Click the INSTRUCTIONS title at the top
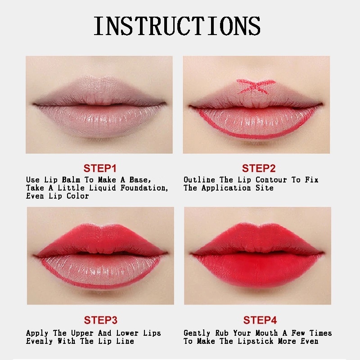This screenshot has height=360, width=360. coord(177,26)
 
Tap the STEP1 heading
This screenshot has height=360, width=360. coord(100,168)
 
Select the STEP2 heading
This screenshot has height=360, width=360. coord(259,168)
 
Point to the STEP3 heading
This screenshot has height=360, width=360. coord(100,320)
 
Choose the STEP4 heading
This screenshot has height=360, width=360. coord(260,320)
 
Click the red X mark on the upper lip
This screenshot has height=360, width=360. coord(256,86)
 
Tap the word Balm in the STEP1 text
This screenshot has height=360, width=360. coord(71,180)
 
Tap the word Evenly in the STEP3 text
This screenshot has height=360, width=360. coord(39,341)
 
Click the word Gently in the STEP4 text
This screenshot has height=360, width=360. coord(197,333)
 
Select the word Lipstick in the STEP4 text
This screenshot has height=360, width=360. coord(255,341)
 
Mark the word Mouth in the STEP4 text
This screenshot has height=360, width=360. coord(266,333)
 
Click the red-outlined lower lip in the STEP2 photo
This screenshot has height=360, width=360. coord(256,123)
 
